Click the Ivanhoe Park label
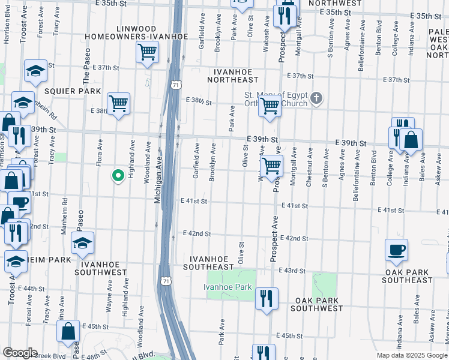click(x=228, y=287)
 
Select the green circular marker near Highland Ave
click(x=118, y=176)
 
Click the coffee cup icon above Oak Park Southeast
click(x=396, y=250)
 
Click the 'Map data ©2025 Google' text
click(x=412, y=355)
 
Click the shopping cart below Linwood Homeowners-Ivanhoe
click(x=147, y=52)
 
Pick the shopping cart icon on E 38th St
click(x=118, y=103)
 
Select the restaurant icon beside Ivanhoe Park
click(x=265, y=298)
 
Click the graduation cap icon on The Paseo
click(x=82, y=242)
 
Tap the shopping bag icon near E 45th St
click(x=68, y=331)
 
